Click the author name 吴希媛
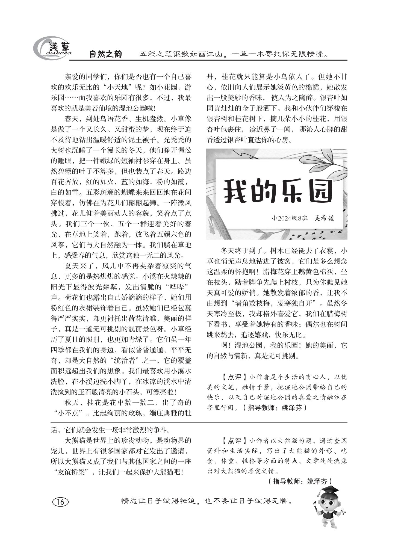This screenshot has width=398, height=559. click(324, 218)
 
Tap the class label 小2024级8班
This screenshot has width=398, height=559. click(290, 218)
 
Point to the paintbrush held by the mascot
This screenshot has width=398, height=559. click(317, 506)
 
